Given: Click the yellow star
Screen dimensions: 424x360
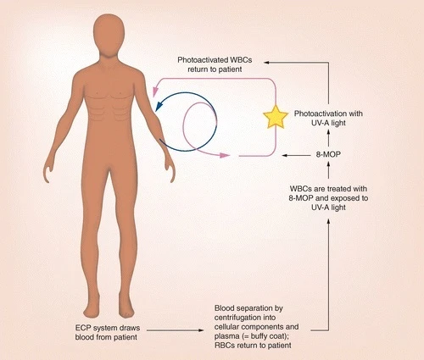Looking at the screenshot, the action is (x=276, y=117).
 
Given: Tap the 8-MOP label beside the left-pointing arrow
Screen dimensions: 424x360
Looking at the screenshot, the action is (x=328, y=154).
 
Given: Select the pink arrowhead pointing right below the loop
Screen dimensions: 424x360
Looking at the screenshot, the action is (x=225, y=155).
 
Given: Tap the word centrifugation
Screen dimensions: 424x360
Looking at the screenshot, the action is (x=245, y=318).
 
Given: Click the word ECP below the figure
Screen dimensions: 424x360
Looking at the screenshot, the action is (x=83, y=328).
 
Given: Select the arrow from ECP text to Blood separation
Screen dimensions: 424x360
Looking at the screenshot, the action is (x=176, y=330).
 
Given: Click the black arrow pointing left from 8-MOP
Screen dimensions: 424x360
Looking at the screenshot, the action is (x=296, y=155).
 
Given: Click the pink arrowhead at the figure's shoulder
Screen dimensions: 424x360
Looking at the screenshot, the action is (x=154, y=91).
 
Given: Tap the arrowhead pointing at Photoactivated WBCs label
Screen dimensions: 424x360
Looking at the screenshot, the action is (x=266, y=62).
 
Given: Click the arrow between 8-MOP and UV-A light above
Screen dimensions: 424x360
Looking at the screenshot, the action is (x=328, y=139).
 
